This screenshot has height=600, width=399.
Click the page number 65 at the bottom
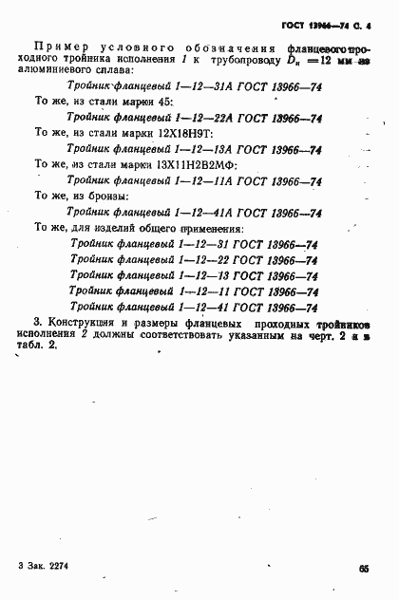[x=364, y=568]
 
